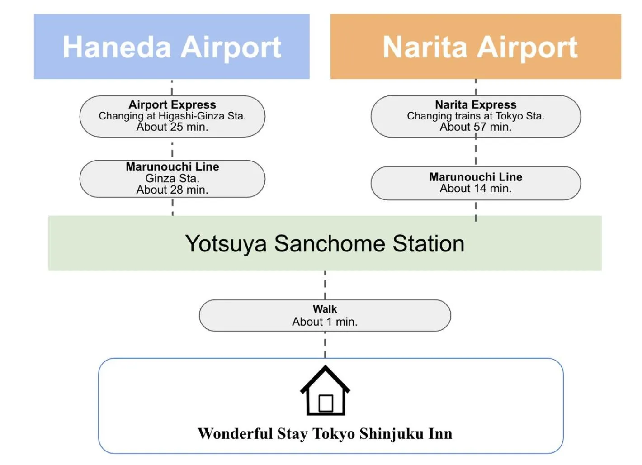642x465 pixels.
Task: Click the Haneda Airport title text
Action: click(x=172, y=47)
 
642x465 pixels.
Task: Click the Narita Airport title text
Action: click(x=480, y=47)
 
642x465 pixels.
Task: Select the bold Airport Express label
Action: click(x=172, y=104)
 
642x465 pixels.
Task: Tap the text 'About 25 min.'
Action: click(x=172, y=127)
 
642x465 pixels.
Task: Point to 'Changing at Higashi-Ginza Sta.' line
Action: click(x=172, y=116)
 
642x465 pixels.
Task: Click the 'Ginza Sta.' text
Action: click(x=172, y=178)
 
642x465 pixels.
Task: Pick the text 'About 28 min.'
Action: click(x=172, y=190)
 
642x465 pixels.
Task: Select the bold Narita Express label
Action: click(x=476, y=104)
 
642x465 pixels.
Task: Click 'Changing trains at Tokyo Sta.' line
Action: click(x=476, y=116)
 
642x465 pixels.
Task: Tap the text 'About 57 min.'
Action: click(x=476, y=127)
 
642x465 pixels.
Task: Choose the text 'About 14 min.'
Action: click(x=476, y=189)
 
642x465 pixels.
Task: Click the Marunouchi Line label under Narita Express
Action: click(x=476, y=177)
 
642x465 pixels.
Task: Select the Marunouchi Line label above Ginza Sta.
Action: click(x=172, y=166)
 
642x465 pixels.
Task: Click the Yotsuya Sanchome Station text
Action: click(x=325, y=244)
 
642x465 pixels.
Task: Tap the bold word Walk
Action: click(x=325, y=309)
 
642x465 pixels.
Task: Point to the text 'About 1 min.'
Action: click(x=325, y=322)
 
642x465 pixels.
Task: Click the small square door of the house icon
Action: click(x=326, y=403)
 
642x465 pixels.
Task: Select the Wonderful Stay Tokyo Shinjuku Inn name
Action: click(x=325, y=434)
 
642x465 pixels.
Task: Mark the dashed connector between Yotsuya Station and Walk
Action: click(x=325, y=285)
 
